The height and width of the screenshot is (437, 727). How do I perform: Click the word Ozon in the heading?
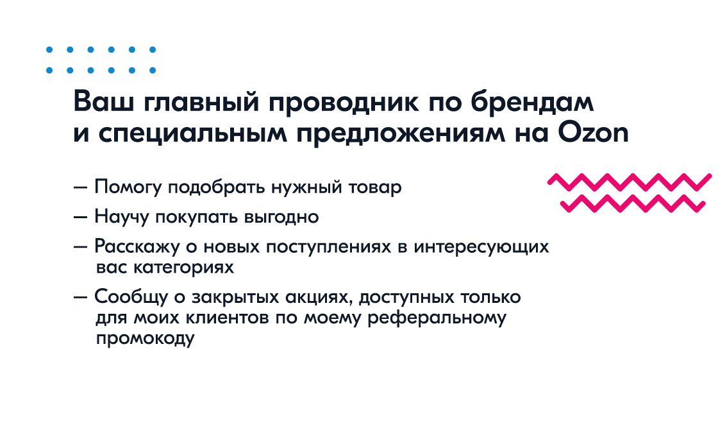coord(593,133)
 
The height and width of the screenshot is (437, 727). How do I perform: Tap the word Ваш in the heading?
coord(104,101)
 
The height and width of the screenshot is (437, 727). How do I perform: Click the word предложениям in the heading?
coord(401,133)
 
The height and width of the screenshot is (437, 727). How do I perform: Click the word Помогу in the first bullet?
coord(128,187)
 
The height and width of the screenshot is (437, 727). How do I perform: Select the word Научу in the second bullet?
coord(121,217)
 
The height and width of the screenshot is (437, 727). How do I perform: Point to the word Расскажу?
coord(137,247)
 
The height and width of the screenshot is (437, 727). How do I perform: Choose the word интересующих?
coord(481,247)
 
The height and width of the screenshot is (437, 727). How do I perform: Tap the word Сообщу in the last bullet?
coord(131,297)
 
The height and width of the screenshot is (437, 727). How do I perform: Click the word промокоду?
coord(145,339)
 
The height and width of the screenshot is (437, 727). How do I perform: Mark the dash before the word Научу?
coord(81,217)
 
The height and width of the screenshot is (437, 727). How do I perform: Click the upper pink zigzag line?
coord(630,182)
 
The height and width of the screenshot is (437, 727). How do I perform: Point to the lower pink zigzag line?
coord(632,203)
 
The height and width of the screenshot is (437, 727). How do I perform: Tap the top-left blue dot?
coord(49,49)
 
